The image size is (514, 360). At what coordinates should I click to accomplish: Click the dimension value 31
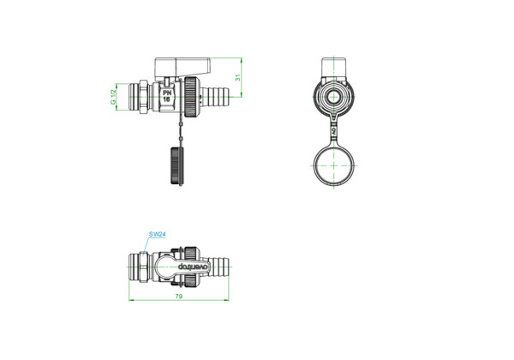[x=238, y=77]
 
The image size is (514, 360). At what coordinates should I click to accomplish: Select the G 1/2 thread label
[x=113, y=97]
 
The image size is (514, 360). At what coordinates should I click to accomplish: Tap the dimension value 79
[x=179, y=297]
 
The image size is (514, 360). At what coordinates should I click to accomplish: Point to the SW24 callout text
[x=158, y=234]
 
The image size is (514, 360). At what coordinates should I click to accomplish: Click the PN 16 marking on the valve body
[x=167, y=96]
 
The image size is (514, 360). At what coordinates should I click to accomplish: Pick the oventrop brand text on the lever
[x=193, y=267]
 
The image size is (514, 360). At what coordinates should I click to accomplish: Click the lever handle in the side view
[x=182, y=66]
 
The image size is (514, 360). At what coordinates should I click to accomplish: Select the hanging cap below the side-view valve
[x=177, y=166]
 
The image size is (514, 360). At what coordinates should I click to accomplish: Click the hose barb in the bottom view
[x=218, y=266]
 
